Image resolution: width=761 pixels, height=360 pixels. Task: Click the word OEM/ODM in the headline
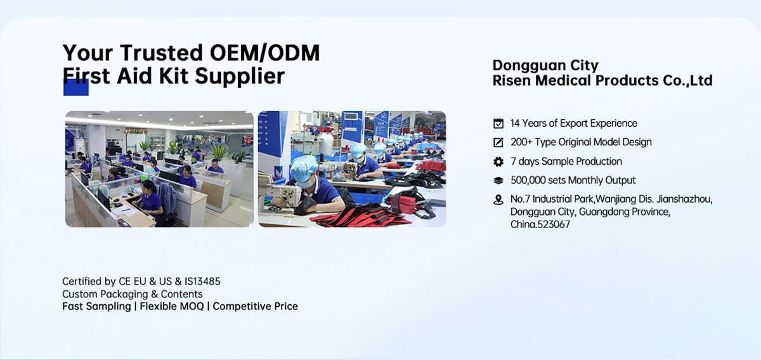264,53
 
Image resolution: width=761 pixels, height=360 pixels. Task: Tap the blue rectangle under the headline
76,87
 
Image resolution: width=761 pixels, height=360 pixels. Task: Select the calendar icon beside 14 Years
498,123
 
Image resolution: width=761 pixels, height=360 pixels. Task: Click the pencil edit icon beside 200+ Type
498,142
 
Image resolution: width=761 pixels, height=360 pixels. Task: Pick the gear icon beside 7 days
498,162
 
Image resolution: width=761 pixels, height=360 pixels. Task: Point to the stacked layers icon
498,181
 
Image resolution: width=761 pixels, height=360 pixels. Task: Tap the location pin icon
498,200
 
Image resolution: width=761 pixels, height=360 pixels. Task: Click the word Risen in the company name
511,80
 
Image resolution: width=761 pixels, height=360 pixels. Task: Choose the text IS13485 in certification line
202,281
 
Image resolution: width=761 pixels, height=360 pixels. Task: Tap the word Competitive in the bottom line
242,306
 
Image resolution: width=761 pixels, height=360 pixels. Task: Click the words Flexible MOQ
172,306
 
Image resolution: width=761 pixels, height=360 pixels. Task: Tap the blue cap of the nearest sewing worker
304,164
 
